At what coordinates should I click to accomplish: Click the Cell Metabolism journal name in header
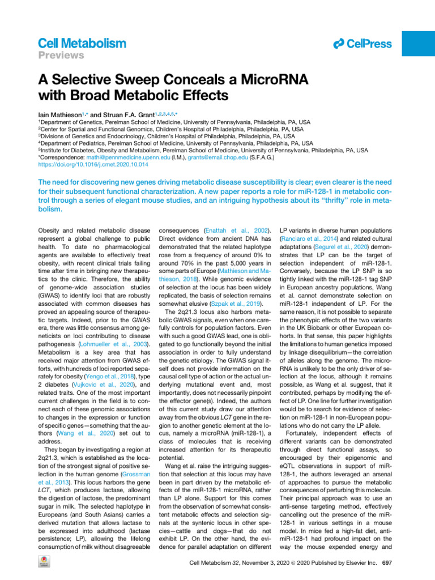point(83,43)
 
